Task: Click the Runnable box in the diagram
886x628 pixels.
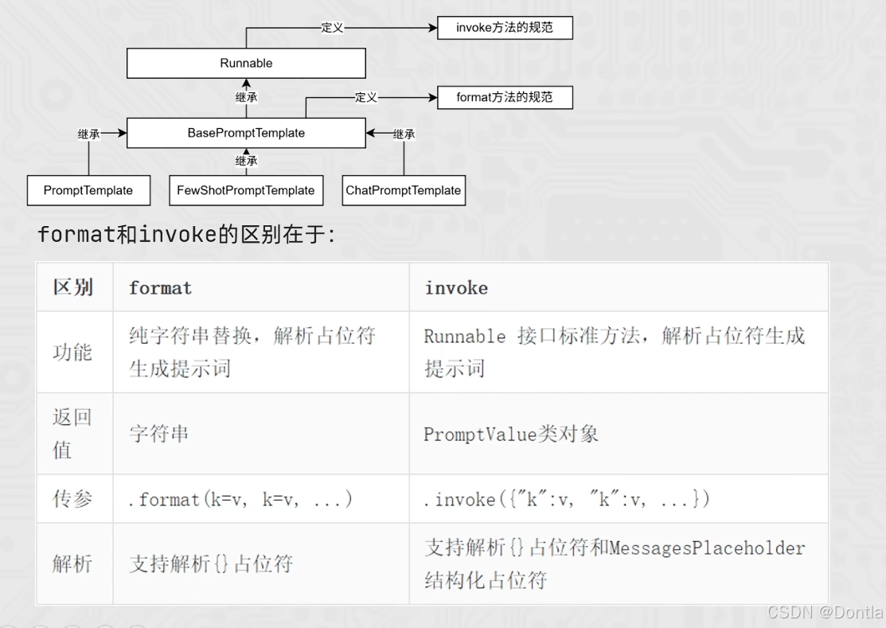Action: (246, 63)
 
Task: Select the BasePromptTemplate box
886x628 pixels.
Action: (246, 133)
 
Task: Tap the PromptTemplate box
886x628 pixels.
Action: (88, 190)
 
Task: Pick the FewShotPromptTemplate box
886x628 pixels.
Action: (246, 190)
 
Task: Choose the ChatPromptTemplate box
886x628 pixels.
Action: (403, 190)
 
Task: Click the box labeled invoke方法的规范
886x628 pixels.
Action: (505, 28)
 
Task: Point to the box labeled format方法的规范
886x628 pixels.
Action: (505, 97)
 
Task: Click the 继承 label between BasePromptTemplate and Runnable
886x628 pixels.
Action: (247, 98)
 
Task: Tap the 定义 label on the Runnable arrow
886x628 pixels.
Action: (332, 28)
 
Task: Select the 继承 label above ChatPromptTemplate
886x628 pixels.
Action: (404, 135)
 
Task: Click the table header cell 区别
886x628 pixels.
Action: (73, 287)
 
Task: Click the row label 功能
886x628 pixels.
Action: (73, 352)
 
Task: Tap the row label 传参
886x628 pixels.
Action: (73, 499)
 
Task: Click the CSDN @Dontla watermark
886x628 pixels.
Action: (825, 612)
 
